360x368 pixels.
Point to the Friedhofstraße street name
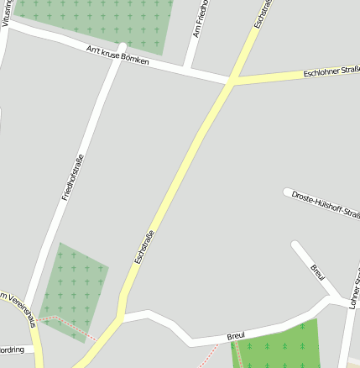pyautogui.click(x=73, y=176)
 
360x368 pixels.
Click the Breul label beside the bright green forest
pyautogui.click(x=236, y=336)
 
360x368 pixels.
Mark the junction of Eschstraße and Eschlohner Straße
pyautogui.click(x=231, y=82)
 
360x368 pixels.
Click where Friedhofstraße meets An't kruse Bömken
pyautogui.click(x=123, y=48)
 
